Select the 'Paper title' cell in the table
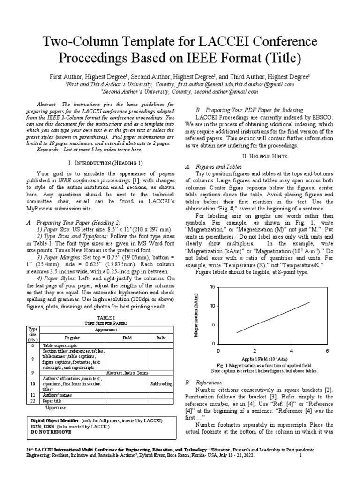click(52, 401)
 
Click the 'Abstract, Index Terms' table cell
click(127, 373)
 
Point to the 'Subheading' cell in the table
click(161, 383)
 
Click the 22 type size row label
click(32, 401)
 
